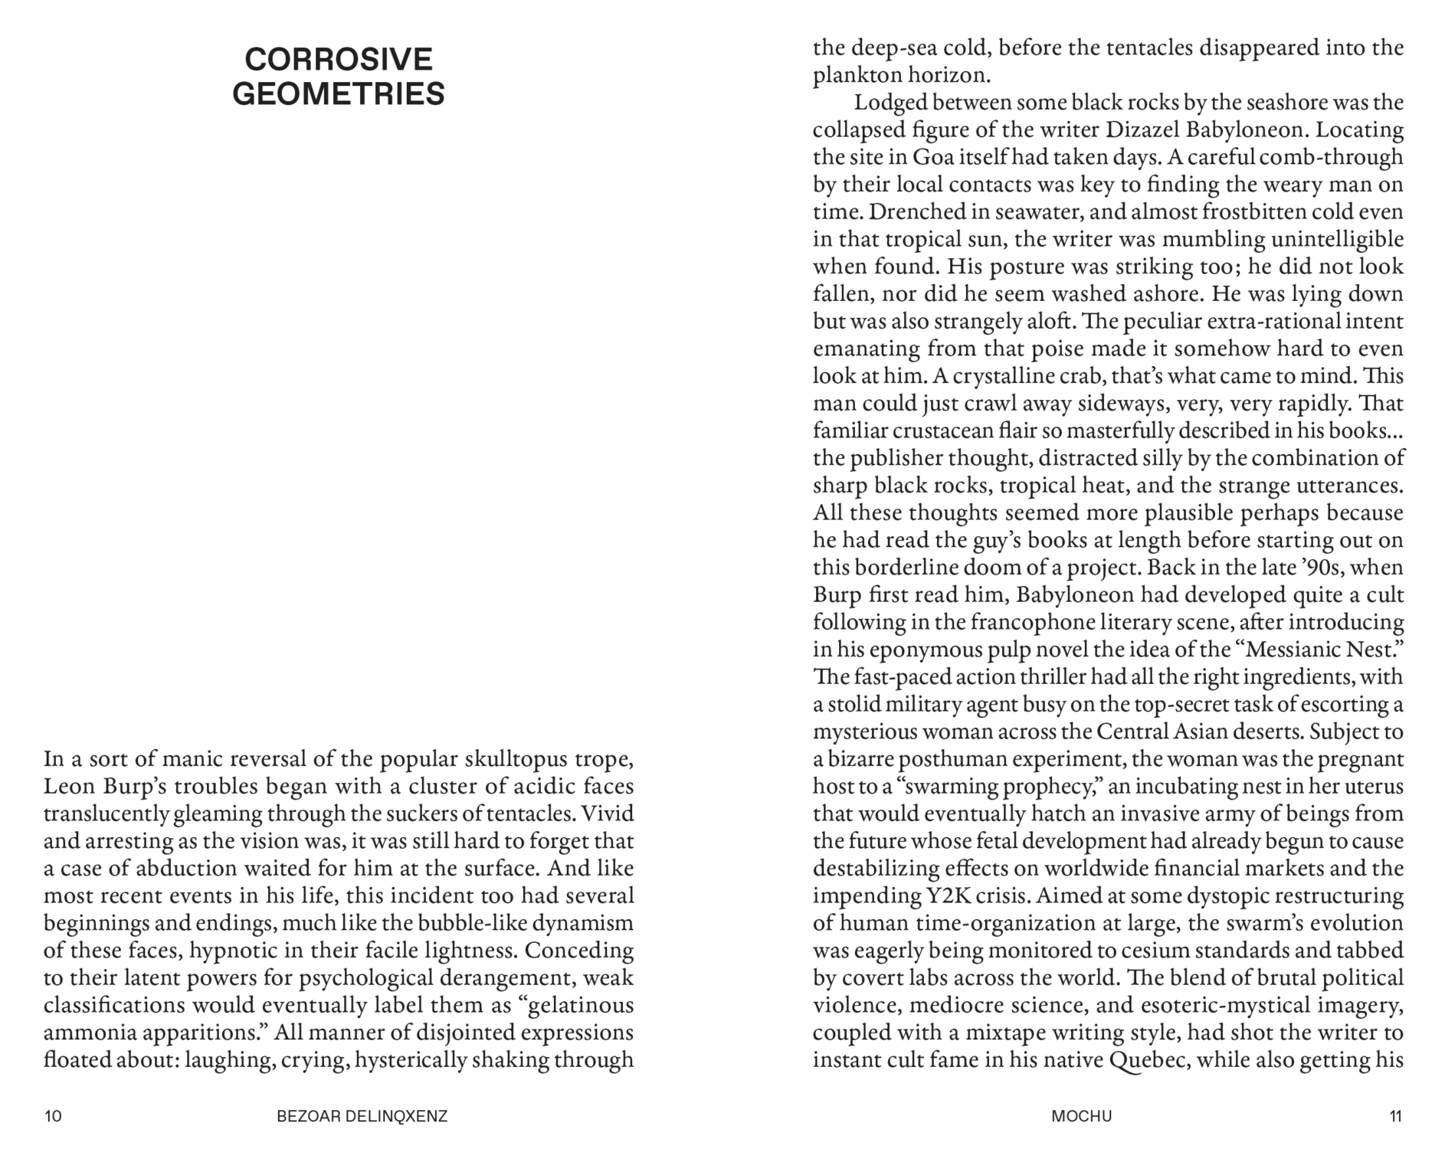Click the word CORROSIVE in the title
pos(339,60)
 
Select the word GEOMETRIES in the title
pos(339,94)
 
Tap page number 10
pos(53,1116)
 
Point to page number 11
pos(1395,1116)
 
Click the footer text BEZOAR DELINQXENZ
pos(362,1116)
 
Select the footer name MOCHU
pos(1081,1116)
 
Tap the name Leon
pos(70,787)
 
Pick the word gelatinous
pos(582,1005)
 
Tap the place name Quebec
pos(1148,1060)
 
